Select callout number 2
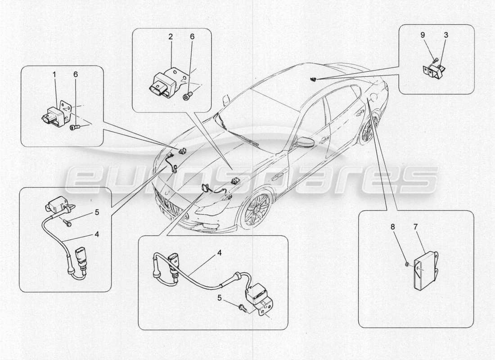point(171,37)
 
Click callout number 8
point(392,228)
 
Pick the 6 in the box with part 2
point(192,37)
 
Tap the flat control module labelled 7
point(424,270)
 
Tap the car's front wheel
point(256,210)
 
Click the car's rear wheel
point(368,129)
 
